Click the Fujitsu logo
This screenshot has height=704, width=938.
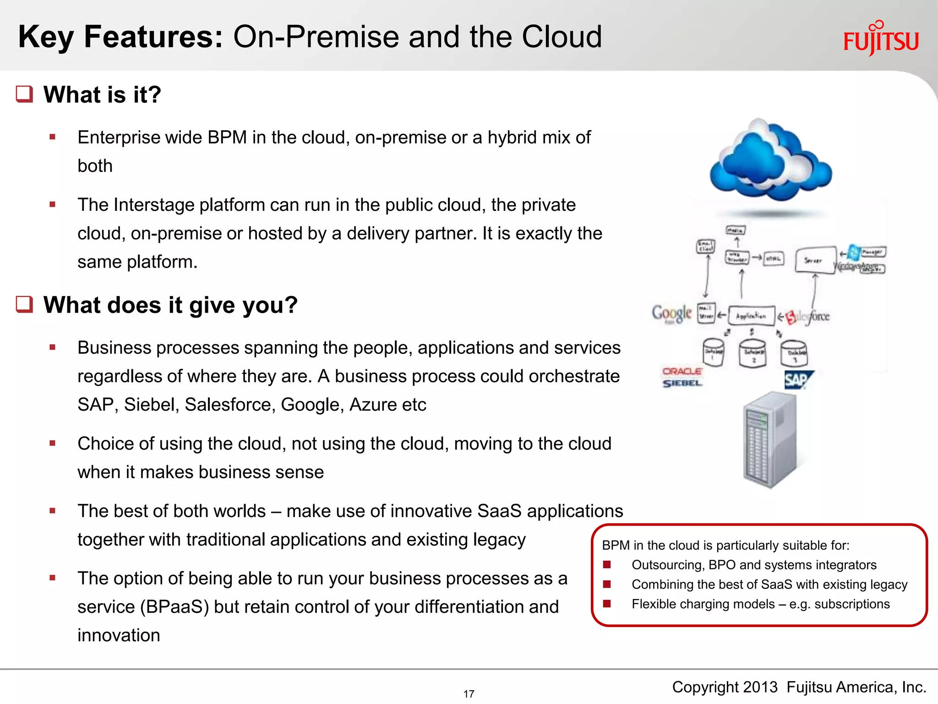pyautogui.click(x=881, y=39)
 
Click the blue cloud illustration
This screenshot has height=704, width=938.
pyautogui.click(x=770, y=160)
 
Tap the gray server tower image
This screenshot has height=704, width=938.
pyautogui.click(x=770, y=440)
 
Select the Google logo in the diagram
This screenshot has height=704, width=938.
pyautogui.click(x=671, y=314)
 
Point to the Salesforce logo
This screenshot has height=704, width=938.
pyautogui.click(x=808, y=317)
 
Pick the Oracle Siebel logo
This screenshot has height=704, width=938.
pyautogui.click(x=682, y=377)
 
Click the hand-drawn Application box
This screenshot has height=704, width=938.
pyautogui.click(x=751, y=316)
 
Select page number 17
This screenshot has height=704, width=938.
pyautogui.click(x=469, y=694)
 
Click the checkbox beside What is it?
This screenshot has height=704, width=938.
pyautogui.click(x=25, y=94)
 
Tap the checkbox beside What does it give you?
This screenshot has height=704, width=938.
pyautogui.click(x=25, y=304)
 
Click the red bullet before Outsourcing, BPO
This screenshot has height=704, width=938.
pyautogui.click(x=607, y=565)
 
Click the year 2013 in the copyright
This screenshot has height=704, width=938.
pyautogui.click(x=760, y=687)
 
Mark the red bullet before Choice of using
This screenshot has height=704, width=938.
pyautogui.click(x=53, y=443)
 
